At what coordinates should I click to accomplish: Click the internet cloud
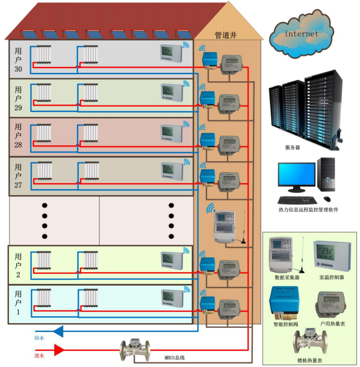point(301,35)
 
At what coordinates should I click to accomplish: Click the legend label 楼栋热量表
point(310,359)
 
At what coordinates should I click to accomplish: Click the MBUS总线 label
point(175,357)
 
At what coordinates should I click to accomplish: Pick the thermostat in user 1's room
point(171,295)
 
